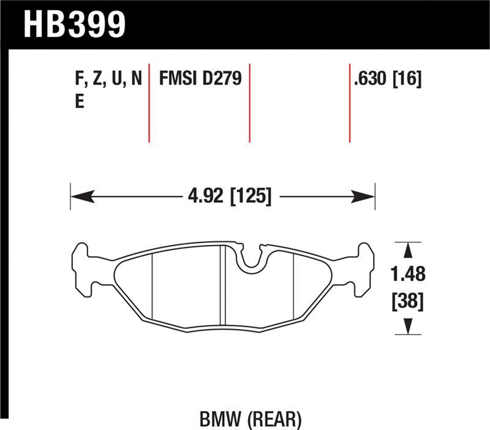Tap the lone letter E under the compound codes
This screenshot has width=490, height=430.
[79, 102]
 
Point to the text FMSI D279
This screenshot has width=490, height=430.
[201, 79]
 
